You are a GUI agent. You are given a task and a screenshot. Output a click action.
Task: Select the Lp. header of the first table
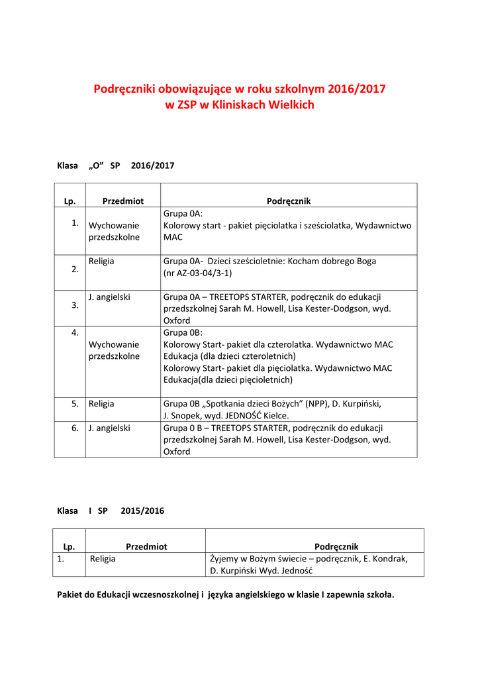(70, 201)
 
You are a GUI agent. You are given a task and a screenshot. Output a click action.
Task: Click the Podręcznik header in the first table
(289, 201)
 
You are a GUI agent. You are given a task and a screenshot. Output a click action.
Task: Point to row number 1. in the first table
(75, 222)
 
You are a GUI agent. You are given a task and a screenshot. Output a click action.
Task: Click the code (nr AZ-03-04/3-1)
(197, 272)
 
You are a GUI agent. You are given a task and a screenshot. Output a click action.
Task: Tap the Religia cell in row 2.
(101, 261)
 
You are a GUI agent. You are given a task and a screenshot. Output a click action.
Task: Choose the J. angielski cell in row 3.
(109, 297)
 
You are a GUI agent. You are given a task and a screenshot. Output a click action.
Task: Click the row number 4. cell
(75, 332)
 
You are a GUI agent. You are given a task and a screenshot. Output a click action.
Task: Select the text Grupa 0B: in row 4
(183, 332)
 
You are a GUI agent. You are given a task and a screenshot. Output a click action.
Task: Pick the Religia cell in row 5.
(101, 403)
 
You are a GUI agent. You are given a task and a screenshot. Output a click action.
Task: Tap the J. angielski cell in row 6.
(109, 428)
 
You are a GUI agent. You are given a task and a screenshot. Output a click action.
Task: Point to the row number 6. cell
(75, 428)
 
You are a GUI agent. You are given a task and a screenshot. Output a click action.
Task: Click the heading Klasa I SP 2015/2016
(111, 511)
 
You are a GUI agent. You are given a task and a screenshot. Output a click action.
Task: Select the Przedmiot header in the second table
(146, 546)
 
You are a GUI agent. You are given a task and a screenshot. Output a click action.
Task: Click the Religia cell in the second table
(103, 558)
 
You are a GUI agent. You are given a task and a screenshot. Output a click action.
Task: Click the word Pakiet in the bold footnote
(71, 595)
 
